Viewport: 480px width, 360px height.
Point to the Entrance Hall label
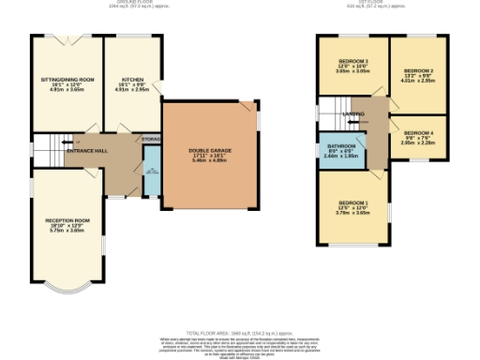point(86,151)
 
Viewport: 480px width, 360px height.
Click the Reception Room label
point(66,221)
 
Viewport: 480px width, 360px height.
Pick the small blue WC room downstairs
point(151,177)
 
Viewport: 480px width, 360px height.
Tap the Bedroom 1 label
point(353,202)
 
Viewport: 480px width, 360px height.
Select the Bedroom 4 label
point(417,133)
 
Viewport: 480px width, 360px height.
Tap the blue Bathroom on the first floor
point(340,151)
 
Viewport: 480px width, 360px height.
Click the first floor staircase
point(330,120)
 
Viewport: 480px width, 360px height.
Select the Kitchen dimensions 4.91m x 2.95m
point(132,92)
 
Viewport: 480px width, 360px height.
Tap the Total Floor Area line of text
point(240,332)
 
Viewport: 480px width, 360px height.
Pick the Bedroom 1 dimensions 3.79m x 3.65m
point(353,212)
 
